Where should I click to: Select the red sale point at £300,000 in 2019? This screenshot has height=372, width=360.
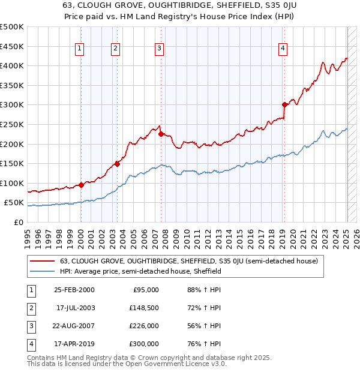[284, 104]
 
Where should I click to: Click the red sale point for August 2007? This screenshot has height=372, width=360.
[161, 134]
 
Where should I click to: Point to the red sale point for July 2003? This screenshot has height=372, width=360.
[117, 164]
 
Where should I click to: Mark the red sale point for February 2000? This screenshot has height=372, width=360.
[81, 185]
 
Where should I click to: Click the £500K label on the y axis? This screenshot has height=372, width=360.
[12, 27]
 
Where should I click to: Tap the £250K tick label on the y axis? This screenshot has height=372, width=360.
[12, 124]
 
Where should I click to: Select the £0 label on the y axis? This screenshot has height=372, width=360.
[18, 223]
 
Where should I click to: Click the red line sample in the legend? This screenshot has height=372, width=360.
[43, 261]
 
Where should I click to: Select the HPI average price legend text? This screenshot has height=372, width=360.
[140, 271]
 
